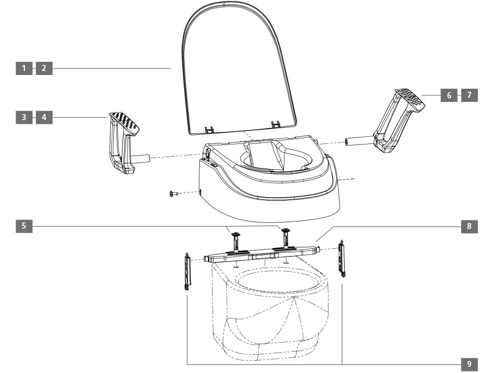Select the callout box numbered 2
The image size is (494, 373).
[44, 68]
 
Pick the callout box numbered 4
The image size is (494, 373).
[44, 118]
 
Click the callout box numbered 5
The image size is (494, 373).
[24, 226]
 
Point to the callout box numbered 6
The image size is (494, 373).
[449, 95]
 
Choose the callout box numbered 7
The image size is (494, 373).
[469, 95]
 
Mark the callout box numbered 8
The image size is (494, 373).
[469, 226]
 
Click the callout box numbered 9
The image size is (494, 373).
[469, 364]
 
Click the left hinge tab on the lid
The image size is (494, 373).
[209, 129]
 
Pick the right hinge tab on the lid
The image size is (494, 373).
[276, 124]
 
